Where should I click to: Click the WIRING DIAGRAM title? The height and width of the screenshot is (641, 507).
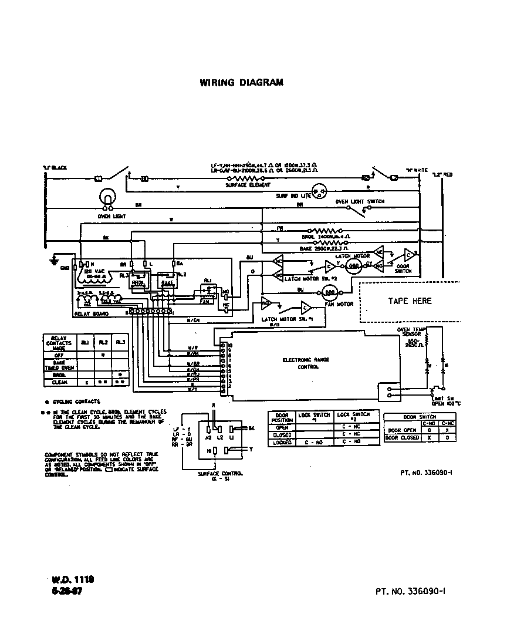click(x=241, y=82)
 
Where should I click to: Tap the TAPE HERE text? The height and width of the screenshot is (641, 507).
click(x=410, y=301)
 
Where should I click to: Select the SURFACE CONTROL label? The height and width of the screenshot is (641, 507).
click(x=220, y=474)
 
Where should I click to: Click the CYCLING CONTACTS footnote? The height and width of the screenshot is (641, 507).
click(x=76, y=402)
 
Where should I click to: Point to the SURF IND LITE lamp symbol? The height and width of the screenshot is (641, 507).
click(x=320, y=190)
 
